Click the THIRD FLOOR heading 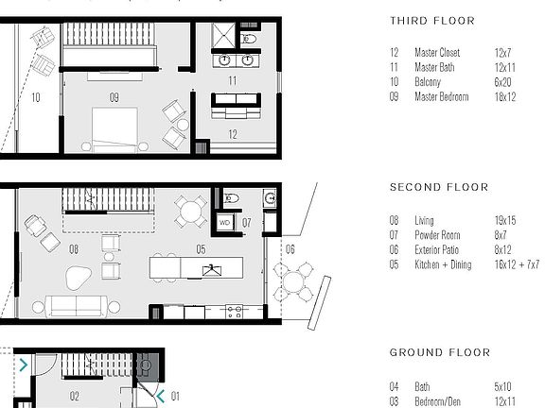click(431, 21)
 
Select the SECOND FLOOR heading click(438, 187)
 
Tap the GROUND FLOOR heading click(440, 353)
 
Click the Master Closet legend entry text click(437, 53)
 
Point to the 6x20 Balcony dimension click(503, 84)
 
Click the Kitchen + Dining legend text click(444, 265)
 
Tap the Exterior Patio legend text click(438, 250)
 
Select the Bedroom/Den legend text click(440, 401)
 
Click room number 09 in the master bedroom click(114, 96)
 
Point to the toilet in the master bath click(249, 39)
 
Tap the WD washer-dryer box click(225, 223)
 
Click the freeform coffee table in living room click(77, 277)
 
